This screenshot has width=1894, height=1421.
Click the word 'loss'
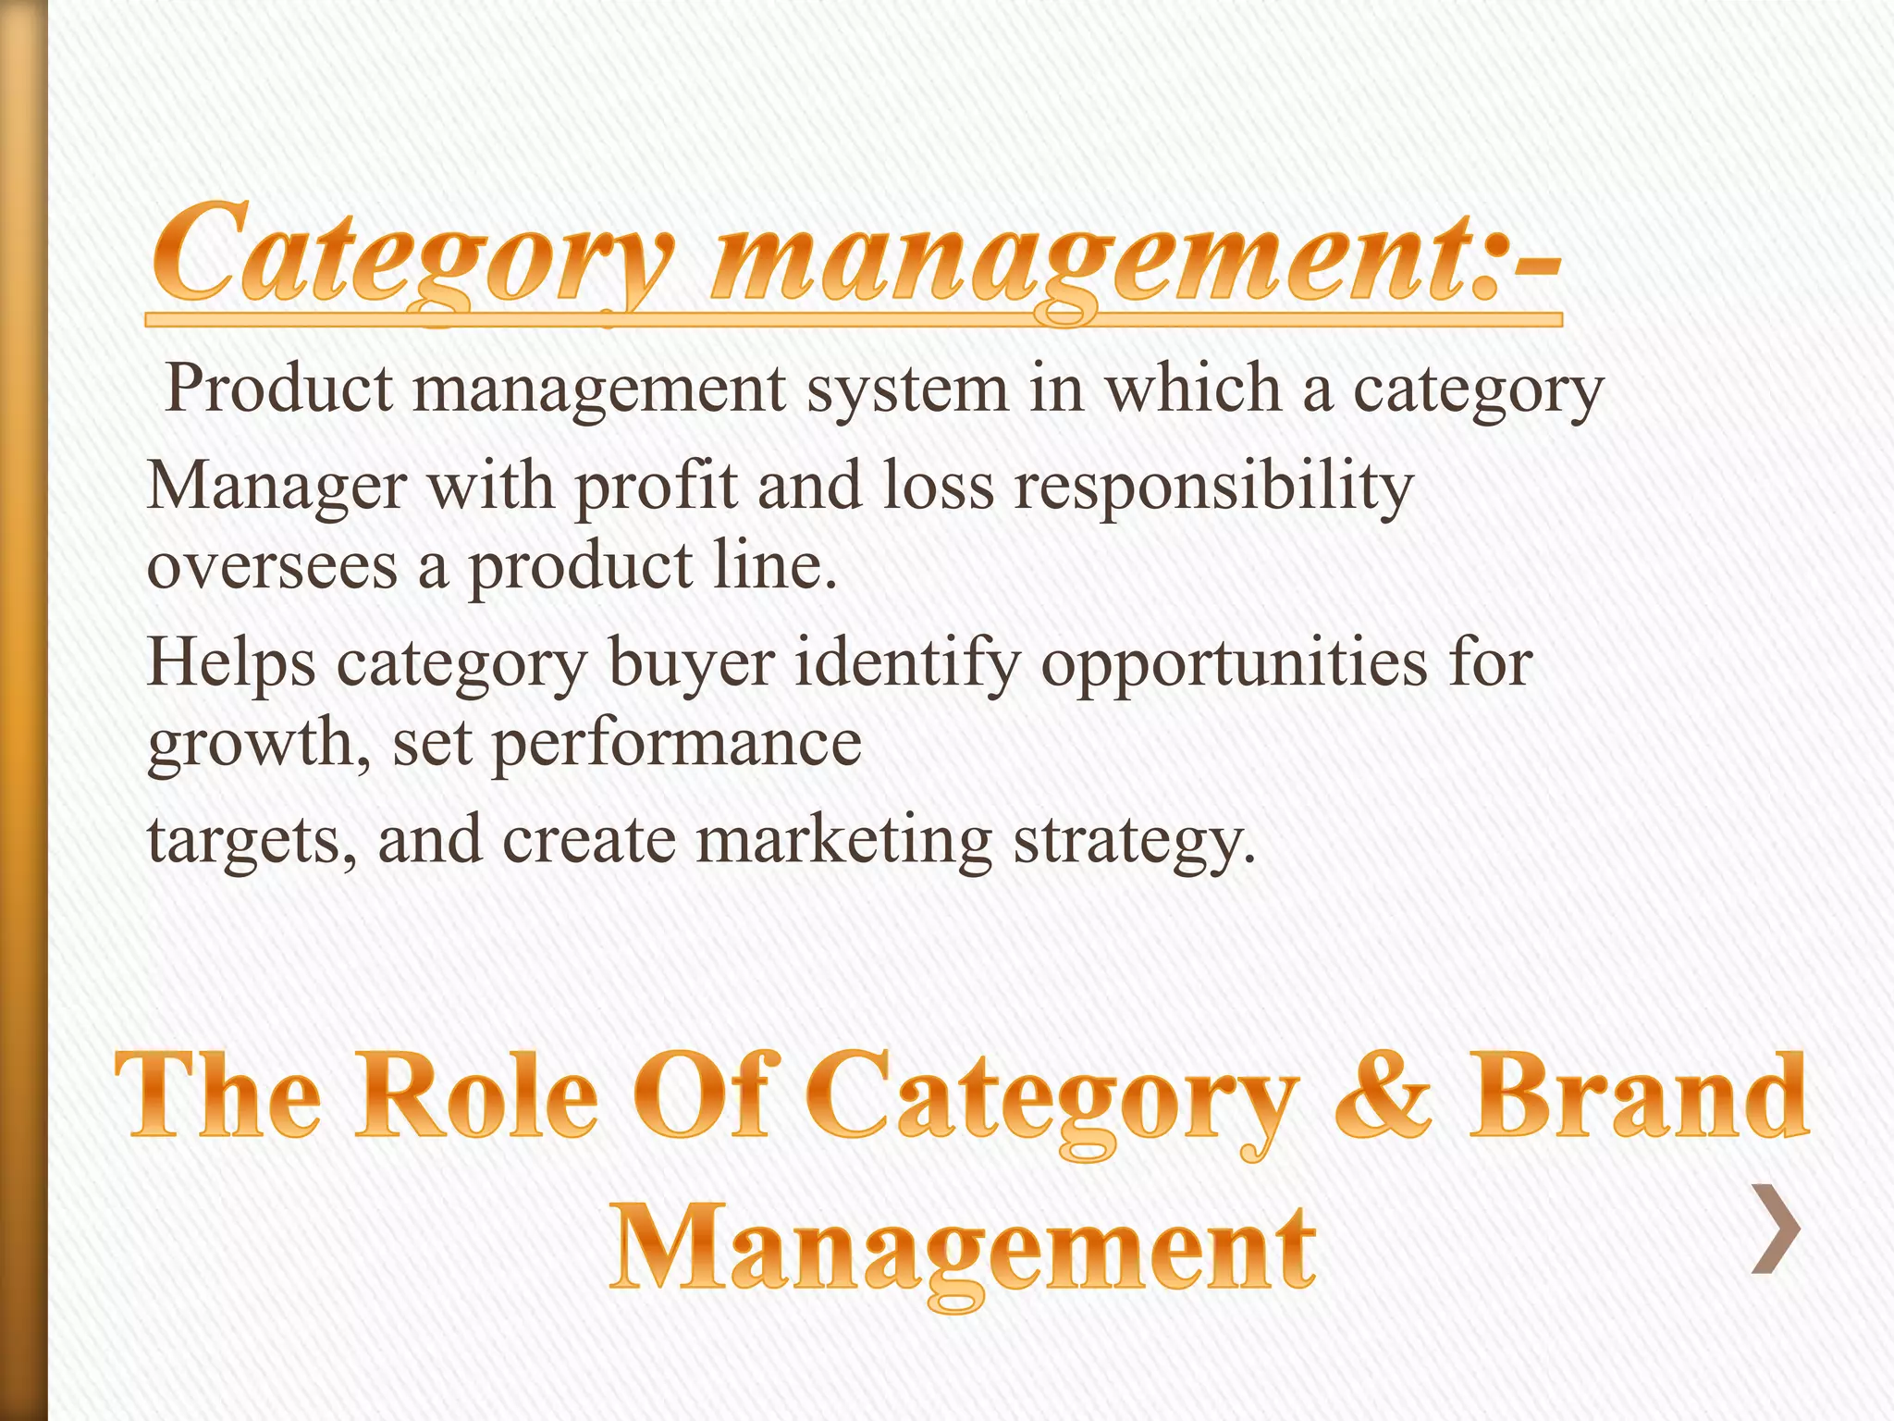click(938, 486)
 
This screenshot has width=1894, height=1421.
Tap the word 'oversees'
click(272, 566)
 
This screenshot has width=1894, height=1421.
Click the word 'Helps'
click(231, 664)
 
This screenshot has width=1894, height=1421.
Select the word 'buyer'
click(691, 664)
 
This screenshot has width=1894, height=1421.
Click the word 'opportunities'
click(1234, 664)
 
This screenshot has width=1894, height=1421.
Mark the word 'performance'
click(676, 744)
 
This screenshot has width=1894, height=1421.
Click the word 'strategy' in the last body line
click(1134, 840)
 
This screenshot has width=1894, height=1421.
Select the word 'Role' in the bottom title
click(477, 1097)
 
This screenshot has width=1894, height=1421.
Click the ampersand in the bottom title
click(1382, 1097)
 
